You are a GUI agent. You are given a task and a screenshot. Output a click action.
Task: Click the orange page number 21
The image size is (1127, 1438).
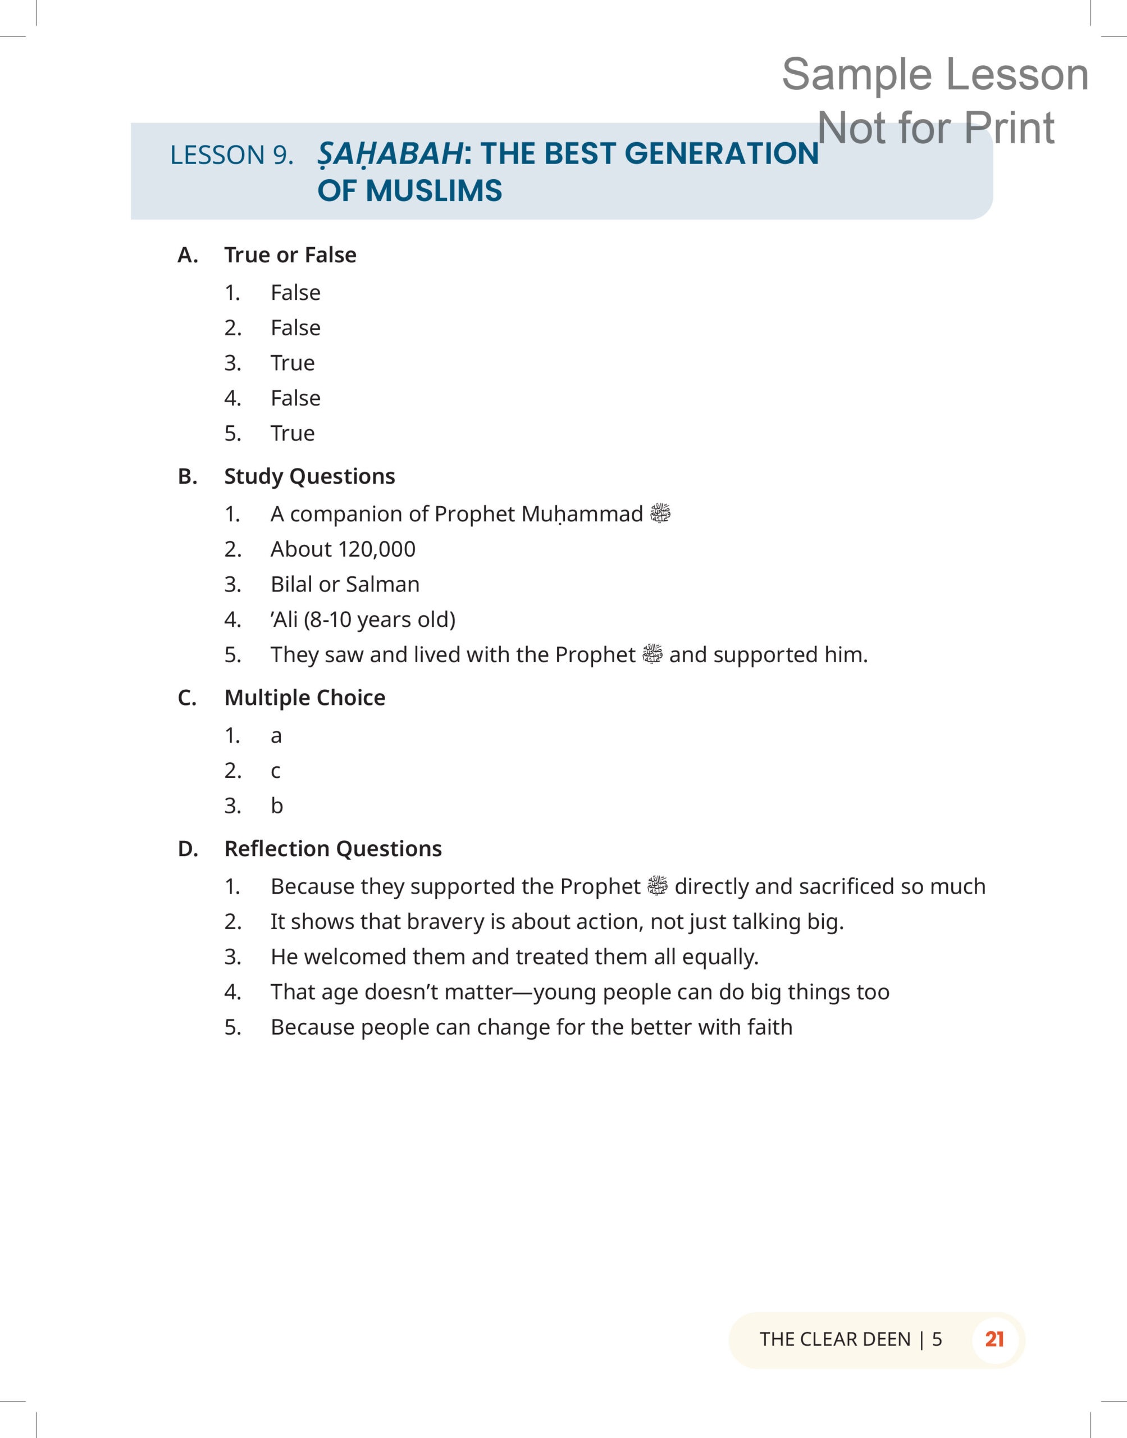(x=994, y=1340)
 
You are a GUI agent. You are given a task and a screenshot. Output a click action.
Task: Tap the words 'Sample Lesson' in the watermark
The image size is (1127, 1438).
(x=934, y=74)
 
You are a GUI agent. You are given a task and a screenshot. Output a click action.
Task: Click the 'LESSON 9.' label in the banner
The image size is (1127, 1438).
(x=231, y=155)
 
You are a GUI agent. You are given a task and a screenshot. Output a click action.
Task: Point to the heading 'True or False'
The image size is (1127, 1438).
(x=290, y=254)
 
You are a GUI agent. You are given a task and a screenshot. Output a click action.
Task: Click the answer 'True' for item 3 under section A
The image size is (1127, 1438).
(x=293, y=363)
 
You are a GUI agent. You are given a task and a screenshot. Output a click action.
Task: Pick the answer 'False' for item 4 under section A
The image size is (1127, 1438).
(x=295, y=398)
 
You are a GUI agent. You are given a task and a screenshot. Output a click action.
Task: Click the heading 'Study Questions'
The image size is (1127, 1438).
(x=309, y=476)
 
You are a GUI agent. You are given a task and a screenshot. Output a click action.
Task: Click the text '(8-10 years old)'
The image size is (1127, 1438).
(x=380, y=620)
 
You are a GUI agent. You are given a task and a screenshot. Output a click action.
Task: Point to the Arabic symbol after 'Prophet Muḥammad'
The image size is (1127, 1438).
(x=660, y=513)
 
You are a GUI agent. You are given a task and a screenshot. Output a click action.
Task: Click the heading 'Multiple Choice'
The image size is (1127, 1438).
(x=305, y=698)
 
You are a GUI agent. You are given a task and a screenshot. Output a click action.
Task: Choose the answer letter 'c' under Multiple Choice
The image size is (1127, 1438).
(x=276, y=771)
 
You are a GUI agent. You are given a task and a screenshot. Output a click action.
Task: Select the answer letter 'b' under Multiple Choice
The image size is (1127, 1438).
(x=276, y=806)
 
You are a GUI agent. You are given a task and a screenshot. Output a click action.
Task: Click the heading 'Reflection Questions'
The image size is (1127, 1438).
(x=332, y=849)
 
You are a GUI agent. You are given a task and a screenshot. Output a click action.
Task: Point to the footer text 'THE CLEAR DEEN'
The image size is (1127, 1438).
(x=834, y=1340)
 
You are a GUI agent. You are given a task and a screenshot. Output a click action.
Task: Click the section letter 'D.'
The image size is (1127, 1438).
(x=188, y=849)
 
